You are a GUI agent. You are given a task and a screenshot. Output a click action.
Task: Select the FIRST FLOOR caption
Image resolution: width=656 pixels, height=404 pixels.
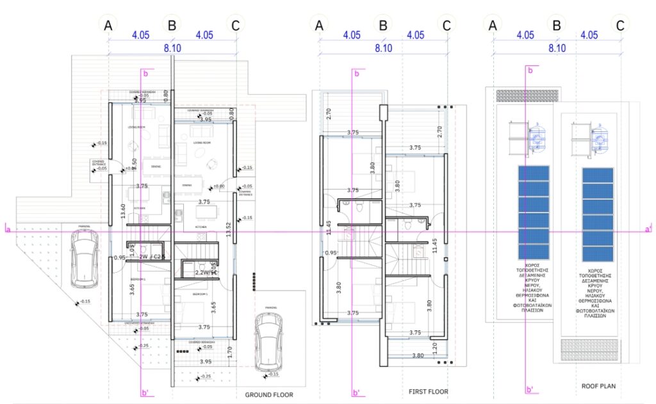click(429, 391)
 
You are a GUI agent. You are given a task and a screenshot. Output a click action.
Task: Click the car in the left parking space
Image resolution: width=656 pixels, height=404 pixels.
click(83, 257)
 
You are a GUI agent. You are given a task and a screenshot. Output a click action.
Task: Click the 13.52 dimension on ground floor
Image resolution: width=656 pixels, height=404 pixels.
click(228, 230)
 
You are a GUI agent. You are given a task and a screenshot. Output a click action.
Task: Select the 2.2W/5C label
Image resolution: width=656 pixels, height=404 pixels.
click(207, 273)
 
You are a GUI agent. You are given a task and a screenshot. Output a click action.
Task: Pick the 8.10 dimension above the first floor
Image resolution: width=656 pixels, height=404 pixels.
click(383, 48)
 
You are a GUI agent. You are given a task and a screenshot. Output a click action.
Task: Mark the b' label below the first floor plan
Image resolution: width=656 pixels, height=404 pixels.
click(356, 392)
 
